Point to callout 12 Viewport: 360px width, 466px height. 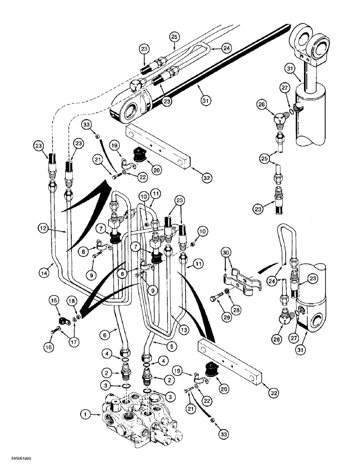click(44, 229)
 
